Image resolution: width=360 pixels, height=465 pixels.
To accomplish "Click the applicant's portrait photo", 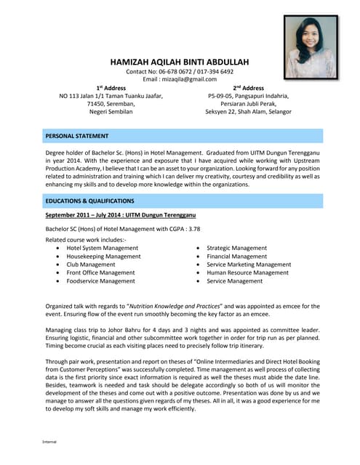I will pos(311,46).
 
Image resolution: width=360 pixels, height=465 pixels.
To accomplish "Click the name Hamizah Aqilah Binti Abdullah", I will pos(180,62).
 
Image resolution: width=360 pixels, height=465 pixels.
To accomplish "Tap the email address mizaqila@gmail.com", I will pos(180,80).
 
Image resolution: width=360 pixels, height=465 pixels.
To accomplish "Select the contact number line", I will pos(180,72).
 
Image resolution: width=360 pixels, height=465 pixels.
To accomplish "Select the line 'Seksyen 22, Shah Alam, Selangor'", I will pos(248,112).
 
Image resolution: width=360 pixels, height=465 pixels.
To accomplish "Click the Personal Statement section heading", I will pos(77,136).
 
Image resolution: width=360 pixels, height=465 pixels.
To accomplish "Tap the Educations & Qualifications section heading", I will pos(89,201).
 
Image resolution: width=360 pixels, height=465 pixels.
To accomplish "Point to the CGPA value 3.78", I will pos(193,228).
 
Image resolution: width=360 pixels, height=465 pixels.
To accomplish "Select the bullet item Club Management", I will pos(91,264).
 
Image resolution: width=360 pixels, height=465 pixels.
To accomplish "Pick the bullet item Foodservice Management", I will pos(100,281).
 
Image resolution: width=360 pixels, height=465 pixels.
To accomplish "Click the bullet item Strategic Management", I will pos(236,248).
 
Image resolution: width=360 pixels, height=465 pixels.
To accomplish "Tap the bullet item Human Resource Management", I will pos(247,272).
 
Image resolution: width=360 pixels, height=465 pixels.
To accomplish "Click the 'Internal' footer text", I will pos(49,441).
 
